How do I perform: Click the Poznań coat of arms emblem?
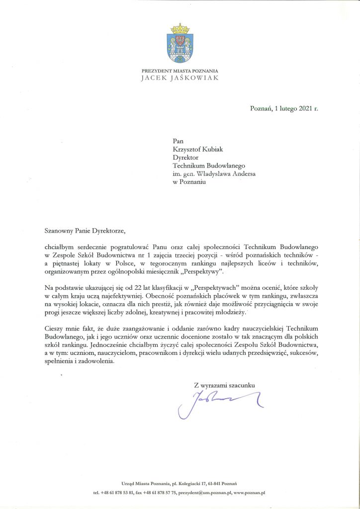pos(180,45)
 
